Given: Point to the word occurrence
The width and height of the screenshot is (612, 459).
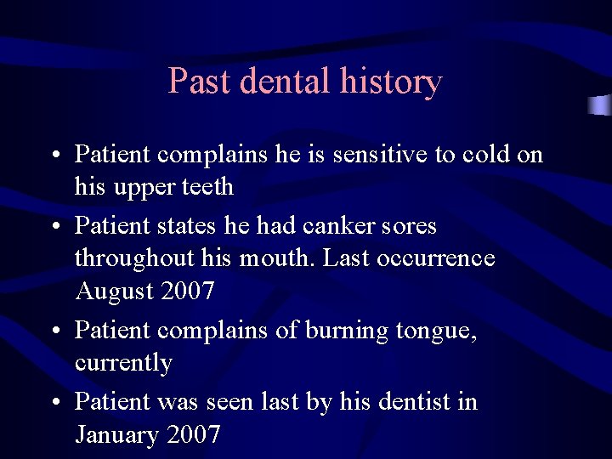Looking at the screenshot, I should tap(440, 258).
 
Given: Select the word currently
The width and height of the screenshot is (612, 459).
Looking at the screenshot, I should tap(123, 364).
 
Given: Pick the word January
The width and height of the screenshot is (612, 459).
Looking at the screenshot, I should tap(117, 436).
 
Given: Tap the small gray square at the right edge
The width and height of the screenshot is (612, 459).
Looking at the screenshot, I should tap(600, 105).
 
